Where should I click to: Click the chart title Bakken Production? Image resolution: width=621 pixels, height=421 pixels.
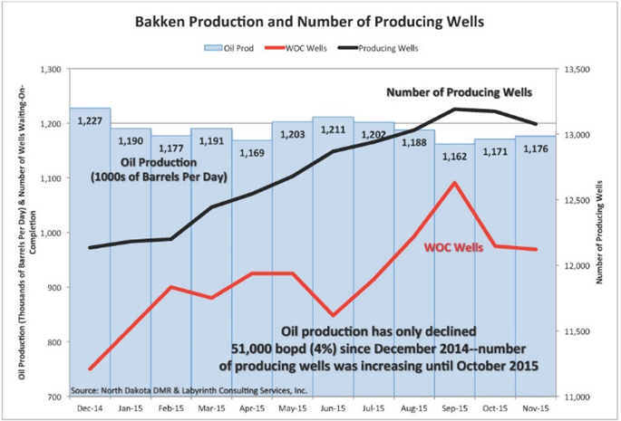(x=310, y=20)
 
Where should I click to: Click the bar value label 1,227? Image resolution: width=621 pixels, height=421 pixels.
(x=89, y=121)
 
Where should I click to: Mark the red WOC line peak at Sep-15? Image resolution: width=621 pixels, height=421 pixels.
(x=453, y=183)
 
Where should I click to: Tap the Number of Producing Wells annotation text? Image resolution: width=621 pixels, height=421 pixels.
(x=459, y=92)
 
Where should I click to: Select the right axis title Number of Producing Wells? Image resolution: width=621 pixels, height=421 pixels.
(x=600, y=234)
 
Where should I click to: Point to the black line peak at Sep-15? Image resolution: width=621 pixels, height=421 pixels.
(x=453, y=109)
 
